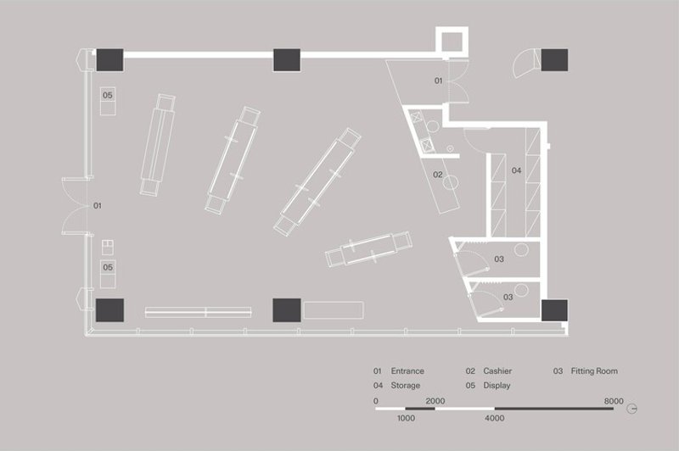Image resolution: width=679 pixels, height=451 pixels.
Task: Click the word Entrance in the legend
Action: click(x=407, y=371)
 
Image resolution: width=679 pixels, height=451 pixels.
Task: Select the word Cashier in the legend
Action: click(x=497, y=371)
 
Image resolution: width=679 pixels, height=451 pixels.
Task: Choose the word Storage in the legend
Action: click(x=406, y=386)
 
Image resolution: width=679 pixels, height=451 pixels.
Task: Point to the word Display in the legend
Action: click(x=496, y=386)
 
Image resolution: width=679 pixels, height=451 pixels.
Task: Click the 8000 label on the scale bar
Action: click(x=614, y=400)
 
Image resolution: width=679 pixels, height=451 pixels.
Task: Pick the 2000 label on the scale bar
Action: click(x=435, y=400)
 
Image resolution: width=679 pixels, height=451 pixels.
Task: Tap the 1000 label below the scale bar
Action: click(x=406, y=418)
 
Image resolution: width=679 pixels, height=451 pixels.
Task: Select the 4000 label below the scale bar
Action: click(x=495, y=418)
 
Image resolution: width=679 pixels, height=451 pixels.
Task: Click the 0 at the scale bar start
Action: click(x=376, y=400)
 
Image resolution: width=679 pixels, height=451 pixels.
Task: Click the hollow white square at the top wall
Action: click(x=452, y=40)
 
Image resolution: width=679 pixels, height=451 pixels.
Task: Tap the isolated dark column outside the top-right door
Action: click(x=554, y=59)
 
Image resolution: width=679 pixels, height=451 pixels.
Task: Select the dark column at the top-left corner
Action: click(x=110, y=60)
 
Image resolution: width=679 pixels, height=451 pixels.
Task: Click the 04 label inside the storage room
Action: click(x=516, y=170)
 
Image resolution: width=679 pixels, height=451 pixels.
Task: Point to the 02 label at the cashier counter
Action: click(x=438, y=175)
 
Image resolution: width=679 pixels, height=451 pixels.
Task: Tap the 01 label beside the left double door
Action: click(x=98, y=205)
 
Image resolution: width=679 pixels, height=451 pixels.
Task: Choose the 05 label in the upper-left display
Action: click(x=108, y=95)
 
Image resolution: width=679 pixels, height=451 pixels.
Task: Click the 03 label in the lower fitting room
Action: click(x=508, y=297)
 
